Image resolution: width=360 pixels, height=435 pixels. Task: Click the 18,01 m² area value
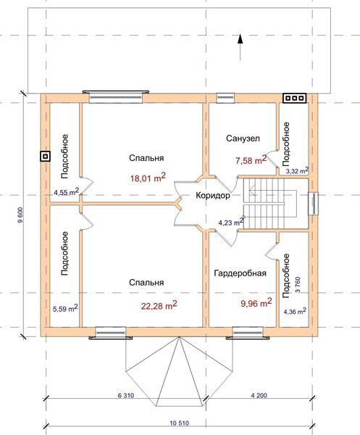(148, 178)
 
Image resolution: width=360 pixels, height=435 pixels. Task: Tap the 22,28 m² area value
(159, 305)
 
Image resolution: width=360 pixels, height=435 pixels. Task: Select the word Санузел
(243, 138)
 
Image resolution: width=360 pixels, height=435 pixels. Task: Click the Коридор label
(213, 195)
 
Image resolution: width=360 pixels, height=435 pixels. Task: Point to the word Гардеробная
(240, 273)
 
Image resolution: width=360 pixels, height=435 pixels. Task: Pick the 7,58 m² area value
(251, 160)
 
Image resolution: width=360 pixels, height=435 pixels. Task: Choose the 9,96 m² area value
(256, 302)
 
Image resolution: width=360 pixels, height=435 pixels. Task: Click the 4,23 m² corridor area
(231, 222)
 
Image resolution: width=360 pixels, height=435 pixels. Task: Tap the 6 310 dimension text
(126, 395)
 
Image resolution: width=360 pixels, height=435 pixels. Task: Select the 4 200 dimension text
(259, 395)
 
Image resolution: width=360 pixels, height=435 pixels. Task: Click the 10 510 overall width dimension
(180, 423)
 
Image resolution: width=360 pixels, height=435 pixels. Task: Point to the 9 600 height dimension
(21, 215)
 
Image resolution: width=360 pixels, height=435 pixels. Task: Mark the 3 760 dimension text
(298, 285)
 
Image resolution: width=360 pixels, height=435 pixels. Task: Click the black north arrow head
(240, 39)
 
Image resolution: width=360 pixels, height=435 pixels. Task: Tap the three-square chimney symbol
(294, 98)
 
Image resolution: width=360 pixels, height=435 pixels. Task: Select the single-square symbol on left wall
(45, 157)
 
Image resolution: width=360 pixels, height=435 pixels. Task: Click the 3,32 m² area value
(297, 170)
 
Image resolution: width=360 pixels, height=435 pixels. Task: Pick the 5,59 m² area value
(65, 308)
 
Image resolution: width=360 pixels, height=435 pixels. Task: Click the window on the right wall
(314, 204)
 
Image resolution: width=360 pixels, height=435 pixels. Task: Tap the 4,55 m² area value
(67, 191)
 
